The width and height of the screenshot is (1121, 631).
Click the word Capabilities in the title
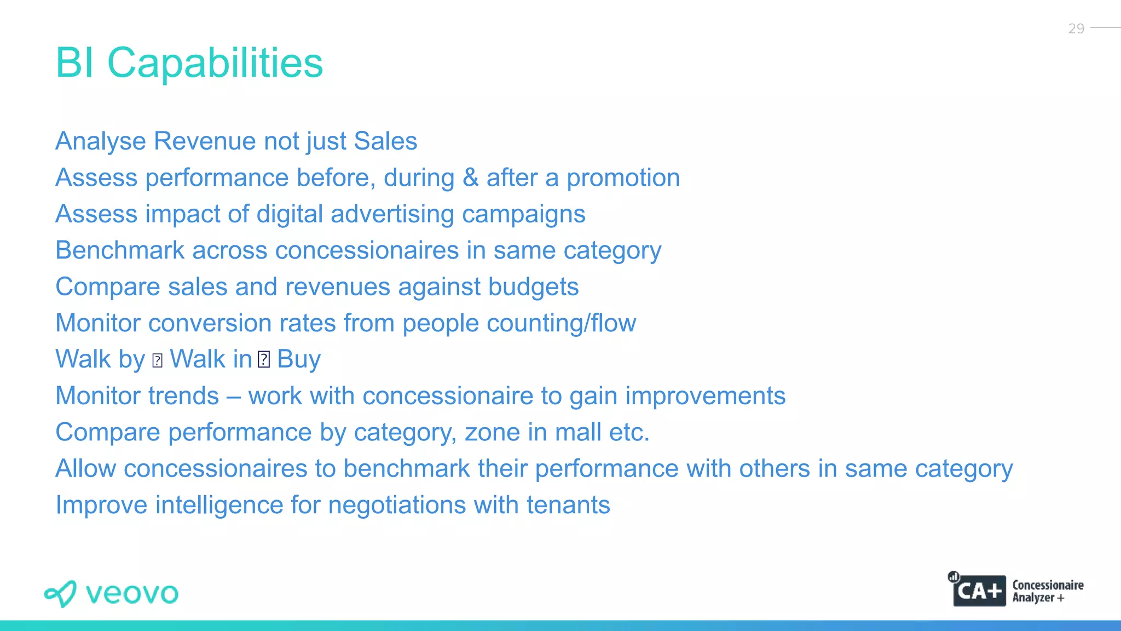coord(215,63)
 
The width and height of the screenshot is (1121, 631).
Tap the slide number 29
coord(1076,28)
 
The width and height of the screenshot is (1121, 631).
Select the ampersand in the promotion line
coord(470,178)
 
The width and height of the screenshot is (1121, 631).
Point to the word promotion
coord(623,178)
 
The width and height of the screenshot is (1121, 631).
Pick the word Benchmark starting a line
coord(120,250)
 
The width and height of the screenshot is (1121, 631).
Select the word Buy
coord(299,360)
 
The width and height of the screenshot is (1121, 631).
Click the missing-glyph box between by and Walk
coord(158,360)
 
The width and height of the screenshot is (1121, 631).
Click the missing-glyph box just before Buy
coord(264,360)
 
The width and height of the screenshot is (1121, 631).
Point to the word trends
coord(183,396)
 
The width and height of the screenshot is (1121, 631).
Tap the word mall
coord(577,432)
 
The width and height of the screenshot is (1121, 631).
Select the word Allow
coord(86,469)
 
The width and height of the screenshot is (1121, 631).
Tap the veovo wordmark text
coord(132,594)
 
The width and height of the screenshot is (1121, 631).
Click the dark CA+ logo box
coord(979,591)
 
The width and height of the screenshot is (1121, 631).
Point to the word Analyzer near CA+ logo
coord(1033,598)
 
